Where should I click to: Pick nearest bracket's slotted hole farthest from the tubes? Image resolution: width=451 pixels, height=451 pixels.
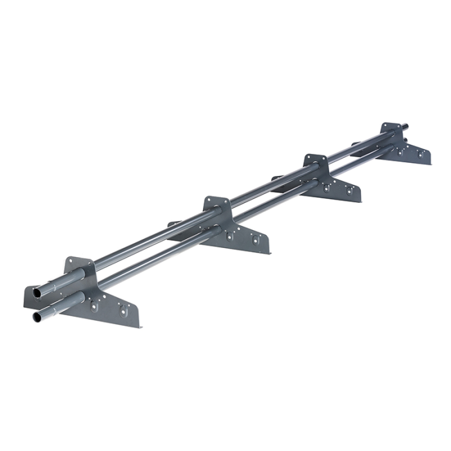pos(126,312)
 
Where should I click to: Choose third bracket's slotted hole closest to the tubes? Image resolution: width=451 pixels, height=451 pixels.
pos(327,188)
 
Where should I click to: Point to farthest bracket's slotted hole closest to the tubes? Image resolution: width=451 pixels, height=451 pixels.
pos(403,152)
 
